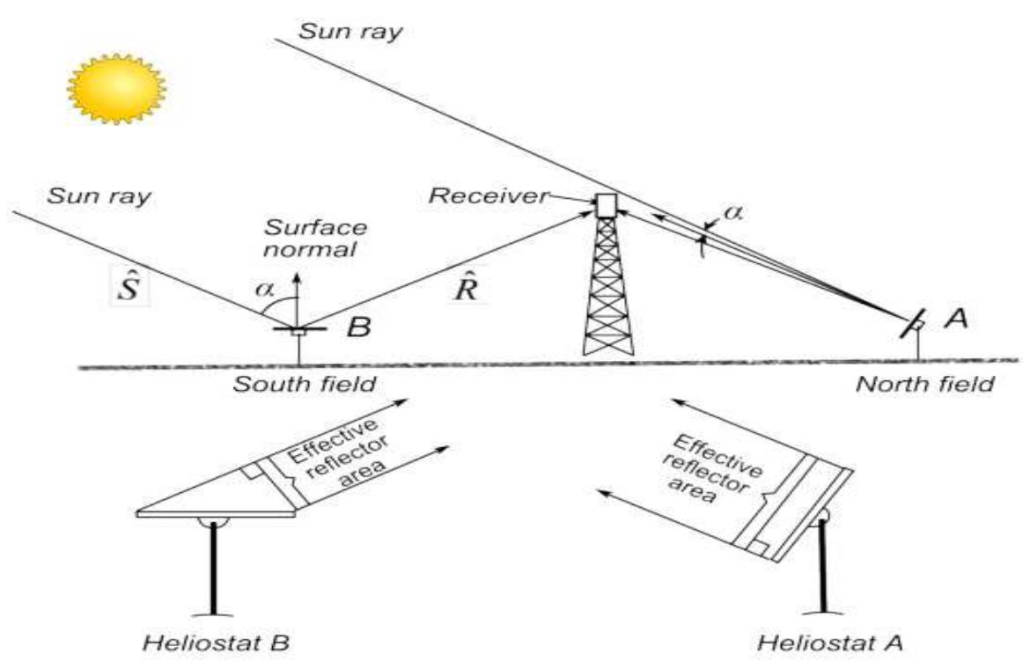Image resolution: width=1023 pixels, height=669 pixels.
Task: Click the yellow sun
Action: [x=117, y=88]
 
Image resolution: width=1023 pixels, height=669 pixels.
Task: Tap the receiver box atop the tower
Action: [x=606, y=204]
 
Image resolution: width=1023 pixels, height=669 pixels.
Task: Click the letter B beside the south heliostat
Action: [x=358, y=327]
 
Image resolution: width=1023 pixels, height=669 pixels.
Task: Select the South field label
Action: [x=305, y=384]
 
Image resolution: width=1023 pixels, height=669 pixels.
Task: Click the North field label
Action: [x=924, y=384]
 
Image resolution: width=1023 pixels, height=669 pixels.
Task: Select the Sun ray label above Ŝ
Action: [x=99, y=195]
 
